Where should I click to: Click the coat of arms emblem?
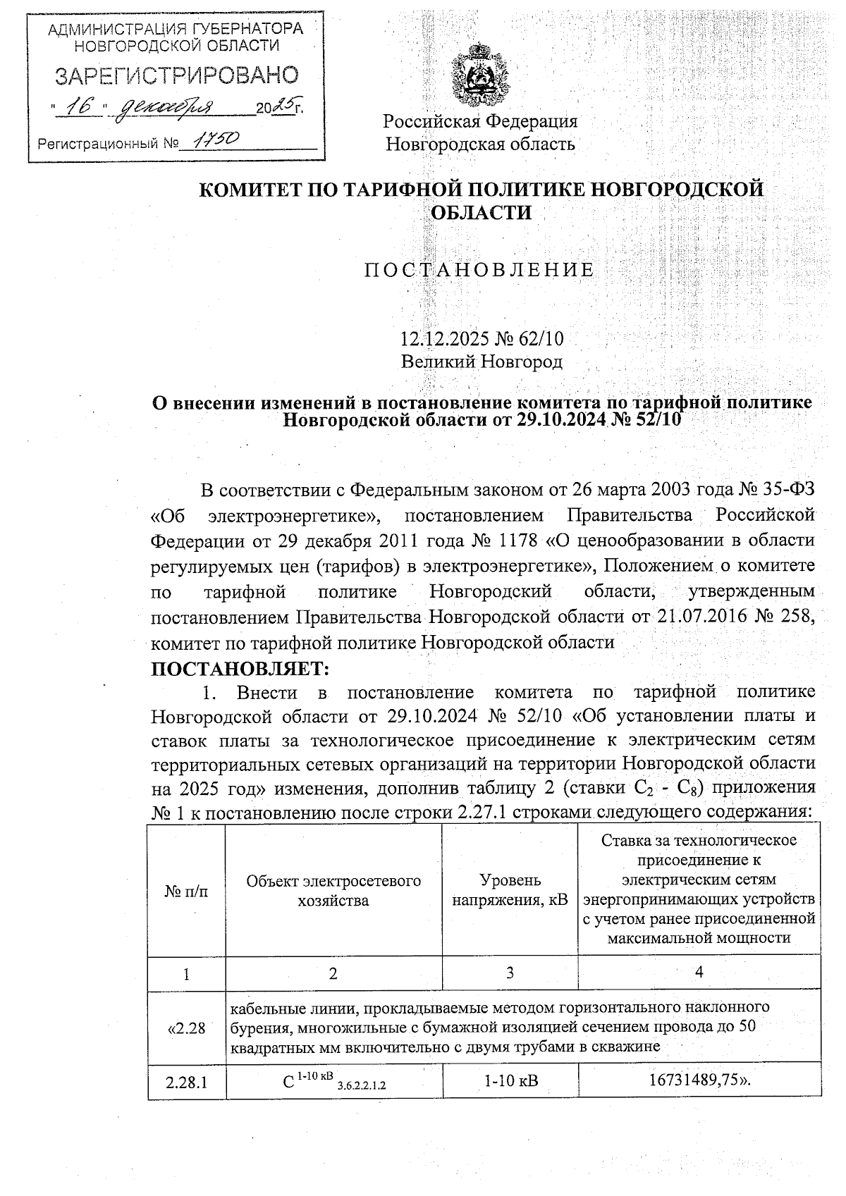pyautogui.click(x=480, y=74)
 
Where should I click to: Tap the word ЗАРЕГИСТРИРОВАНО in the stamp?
pyautogui.click(x=177, y=75)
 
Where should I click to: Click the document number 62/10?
pyautogui.click(x=541, y=338)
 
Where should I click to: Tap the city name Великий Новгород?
pyautogui.click(x=482, y=362)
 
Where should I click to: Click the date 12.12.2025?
pyautogui.click(x=439, y=338)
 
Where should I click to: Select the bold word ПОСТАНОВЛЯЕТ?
pyautogui.click(x=240, y=667)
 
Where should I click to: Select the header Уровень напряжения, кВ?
pyautogui.click(x=510, y=890)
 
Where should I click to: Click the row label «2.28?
pyautogui.click(x=186, y=1028)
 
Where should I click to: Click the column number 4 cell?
pyautogui.click(x=699, y=973)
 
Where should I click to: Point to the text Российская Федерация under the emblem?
pyautogui.click(x=480, y=121)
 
